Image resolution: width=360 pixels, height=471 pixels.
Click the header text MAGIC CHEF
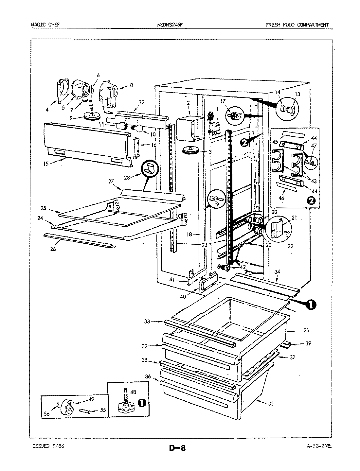click(x=45, y=25)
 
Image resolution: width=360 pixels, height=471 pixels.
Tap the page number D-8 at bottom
click(x=177, y=447)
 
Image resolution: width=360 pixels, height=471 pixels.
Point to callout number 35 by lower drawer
click(x=270, y=404)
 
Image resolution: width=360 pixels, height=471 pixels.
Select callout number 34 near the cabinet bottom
click(x=277, y=271)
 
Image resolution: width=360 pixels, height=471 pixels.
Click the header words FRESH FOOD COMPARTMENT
click(x=297, y=25)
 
